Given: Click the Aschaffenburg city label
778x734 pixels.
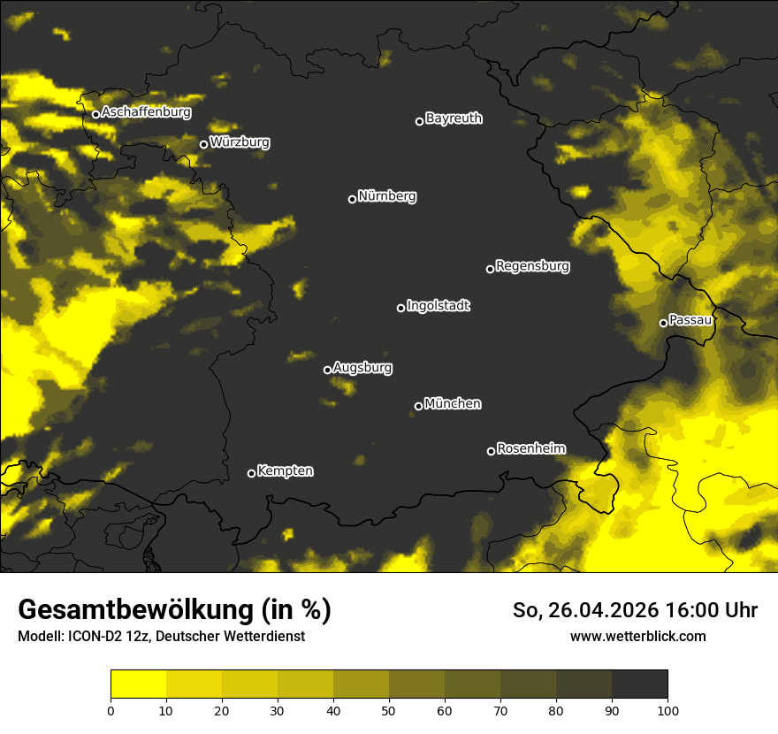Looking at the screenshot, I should click(x=146, y=112).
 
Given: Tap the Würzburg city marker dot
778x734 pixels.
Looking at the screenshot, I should click(x=203, y=144).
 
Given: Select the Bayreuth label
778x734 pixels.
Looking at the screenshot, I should click(x=454, y=119).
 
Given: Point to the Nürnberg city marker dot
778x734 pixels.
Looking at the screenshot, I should click(x=352, y=199).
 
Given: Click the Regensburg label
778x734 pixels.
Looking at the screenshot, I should click(x=532, y=265).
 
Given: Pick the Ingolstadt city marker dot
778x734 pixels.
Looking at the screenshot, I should click(x=400, y=308).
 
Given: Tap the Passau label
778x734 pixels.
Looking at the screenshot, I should click(x=690, y=320).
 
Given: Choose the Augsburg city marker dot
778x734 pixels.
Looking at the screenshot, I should click(x=327, y=370).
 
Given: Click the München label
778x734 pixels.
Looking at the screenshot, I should click(x=453, y=403).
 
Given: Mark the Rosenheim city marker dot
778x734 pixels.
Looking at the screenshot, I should click(x=491, y=451).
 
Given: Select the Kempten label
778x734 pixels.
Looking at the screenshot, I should click(x=285, y=470).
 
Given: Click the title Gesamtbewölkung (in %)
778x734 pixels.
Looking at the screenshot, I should click(x=174, y=610).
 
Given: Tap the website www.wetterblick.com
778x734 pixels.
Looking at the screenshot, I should click(x=637, y=636).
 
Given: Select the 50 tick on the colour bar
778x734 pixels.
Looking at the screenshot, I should click(x=389, y=709).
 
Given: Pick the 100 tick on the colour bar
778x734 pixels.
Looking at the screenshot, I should click(x=667, y=709).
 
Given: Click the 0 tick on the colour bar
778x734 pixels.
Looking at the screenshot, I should click(x=111, y=709).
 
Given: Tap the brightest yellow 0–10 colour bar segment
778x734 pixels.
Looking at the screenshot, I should click(x=138, y=684).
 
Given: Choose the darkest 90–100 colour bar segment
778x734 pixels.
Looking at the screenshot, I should click(x=639, y=684).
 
